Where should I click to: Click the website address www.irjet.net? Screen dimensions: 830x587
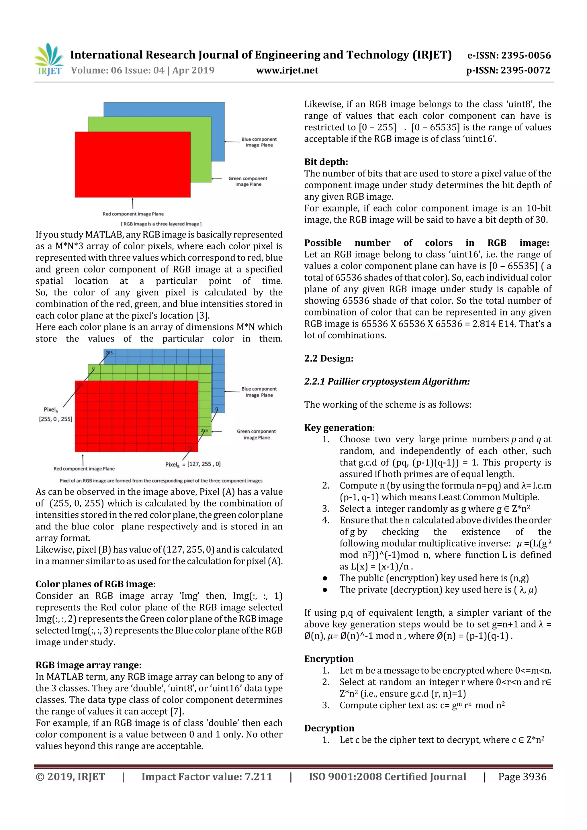pyautogui.click(x=287, y=70)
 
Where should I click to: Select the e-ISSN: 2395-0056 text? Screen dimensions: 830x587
pyautogui.click(x=509, y=55)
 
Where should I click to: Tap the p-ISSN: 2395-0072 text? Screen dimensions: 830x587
pyautogui.click(x=508, y=70)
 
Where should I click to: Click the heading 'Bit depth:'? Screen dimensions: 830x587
pyautogui.click(x=326, y=162)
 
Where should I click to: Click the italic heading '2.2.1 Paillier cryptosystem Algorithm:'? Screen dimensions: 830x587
pyautogui.click(x=387, y=381)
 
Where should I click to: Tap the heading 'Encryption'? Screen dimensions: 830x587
pyautogui.click(x=328, y=659)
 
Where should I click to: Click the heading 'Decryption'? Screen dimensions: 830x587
pyautogui.click(x=329, y=728)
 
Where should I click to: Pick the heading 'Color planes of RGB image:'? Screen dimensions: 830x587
pyautogui.click(x=95, y=584)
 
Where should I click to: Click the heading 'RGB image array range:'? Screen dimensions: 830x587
pyautogui.click(x=88, y=665)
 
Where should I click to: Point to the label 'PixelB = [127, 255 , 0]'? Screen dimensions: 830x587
pyautogui.click(x=193, y=464)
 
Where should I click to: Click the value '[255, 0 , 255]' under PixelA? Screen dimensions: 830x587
pyautogui.click(x=55, y=419)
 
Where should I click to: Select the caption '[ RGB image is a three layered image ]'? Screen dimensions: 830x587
pyautogui.click(x=161, y=224)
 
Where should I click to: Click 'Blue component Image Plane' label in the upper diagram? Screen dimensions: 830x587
pyautogui.click(x=259, y=142)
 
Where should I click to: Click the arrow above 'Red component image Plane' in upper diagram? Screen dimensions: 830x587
pyautogui.click(x=133, y=203)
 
